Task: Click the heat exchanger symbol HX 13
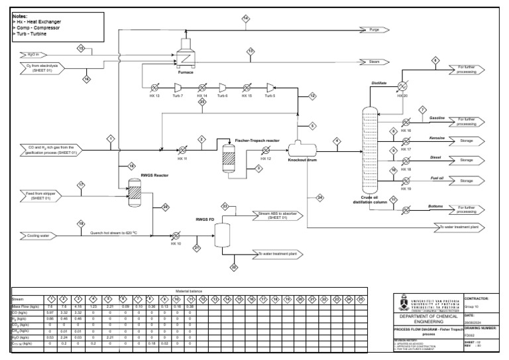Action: pyautogui.click(x=154, y=86)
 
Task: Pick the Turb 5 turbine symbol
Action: pyautogui.click(x=270, y=86)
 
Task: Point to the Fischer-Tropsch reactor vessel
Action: pyautogui.click(x=229, y=160)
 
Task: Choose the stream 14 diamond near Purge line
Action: pyautogui.click(x=245, y=18)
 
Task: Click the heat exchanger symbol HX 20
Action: pyautogui.click(x=401, y=86)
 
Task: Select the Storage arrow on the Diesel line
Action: pyautogui.click(x=467, y=160)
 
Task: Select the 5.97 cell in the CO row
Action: pyautogui.click(x=50, y=313)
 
